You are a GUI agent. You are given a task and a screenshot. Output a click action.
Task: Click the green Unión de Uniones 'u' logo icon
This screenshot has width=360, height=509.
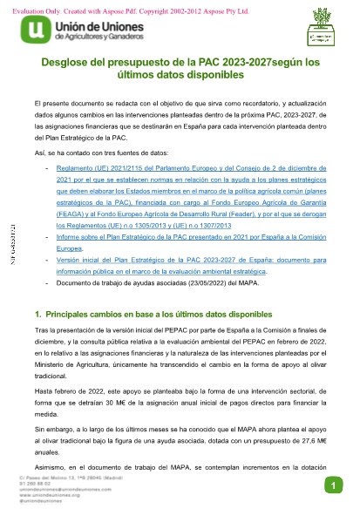[33, 33]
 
